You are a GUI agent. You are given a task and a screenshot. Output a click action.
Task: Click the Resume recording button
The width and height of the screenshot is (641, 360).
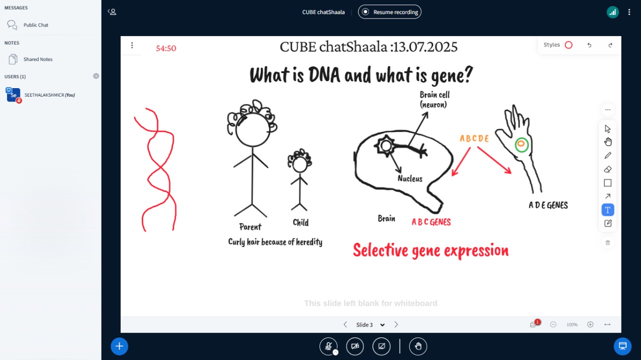[390, 12]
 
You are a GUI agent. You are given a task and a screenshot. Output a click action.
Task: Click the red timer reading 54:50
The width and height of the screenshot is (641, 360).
[166, 48]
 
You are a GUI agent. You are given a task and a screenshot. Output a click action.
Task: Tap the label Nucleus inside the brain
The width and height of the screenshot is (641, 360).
[410, 179]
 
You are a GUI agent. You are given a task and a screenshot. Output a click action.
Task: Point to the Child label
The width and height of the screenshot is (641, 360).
[300, 222]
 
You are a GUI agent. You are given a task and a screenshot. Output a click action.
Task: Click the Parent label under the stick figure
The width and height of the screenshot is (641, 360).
[250, 227]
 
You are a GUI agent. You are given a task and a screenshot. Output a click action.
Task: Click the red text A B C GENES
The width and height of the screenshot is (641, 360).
[431, 222]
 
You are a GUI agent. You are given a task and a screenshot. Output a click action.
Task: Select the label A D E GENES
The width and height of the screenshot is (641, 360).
[548, 205]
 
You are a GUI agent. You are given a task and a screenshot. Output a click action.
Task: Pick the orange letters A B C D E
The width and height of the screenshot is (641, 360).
[474, 139]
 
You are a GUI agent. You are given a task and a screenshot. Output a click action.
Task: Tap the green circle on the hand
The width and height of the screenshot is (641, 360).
[521, 145]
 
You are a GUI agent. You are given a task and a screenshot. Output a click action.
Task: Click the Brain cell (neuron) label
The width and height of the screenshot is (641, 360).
[434, 100]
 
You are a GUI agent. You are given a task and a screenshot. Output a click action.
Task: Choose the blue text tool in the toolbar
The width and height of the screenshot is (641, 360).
[608, 210]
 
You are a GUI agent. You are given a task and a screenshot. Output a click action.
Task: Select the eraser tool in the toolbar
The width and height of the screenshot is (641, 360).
[608, 169]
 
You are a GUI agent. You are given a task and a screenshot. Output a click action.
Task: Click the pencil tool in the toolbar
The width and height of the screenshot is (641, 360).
[608, 155]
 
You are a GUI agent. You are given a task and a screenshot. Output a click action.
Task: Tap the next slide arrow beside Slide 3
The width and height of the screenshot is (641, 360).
[396, 324]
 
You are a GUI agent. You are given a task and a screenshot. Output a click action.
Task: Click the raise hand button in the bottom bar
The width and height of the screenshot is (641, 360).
[418, 346]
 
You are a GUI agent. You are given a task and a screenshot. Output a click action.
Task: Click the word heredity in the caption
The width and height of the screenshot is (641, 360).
[309, 242]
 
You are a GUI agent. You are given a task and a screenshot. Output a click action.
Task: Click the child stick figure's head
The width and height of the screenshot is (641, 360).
[300, 165]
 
